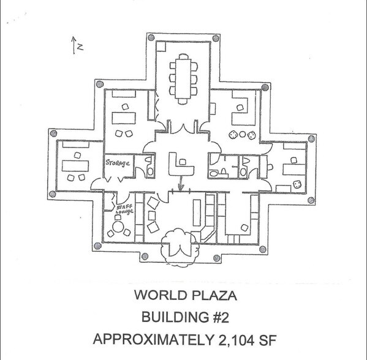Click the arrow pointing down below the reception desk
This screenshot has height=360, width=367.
pyautogui.click(x=181, y=185)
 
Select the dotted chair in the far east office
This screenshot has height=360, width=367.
pyautogui.click(x=297, y=184)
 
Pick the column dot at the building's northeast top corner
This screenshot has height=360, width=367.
pyautogui.click(x=216, y=38)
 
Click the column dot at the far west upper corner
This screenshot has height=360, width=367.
pyautogui.click(x=53, y=133)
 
